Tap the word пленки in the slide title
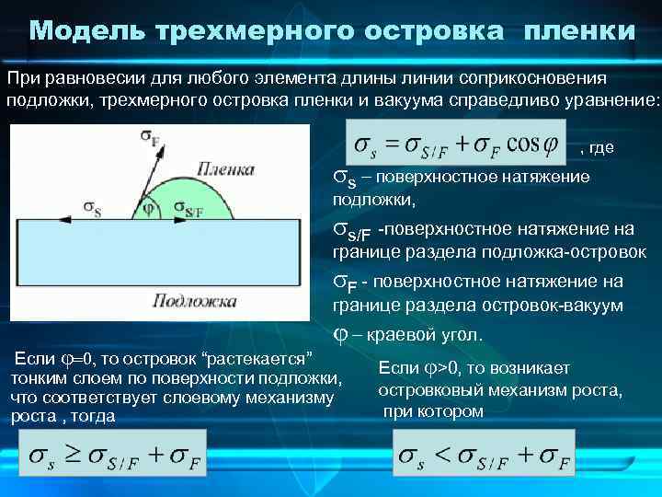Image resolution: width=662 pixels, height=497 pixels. [x=579, y=31]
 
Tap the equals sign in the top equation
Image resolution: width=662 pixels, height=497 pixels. [x=393, y=144]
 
